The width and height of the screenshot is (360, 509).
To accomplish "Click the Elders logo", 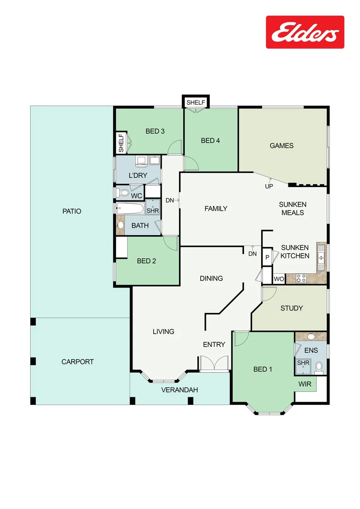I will click(305, 32).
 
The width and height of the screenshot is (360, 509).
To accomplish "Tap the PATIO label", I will click(72, 211).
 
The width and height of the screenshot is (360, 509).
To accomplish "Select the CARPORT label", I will click(77, 362).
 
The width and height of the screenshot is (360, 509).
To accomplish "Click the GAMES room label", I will click(281, 146).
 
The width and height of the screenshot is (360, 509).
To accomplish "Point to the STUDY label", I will click(291, 308).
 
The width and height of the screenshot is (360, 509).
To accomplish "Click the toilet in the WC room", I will click(123, 193).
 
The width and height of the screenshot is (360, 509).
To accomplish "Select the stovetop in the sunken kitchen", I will click(301, 279).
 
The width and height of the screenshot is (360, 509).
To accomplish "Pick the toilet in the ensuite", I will click(319, 366).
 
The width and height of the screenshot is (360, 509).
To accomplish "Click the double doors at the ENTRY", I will click(214, 364).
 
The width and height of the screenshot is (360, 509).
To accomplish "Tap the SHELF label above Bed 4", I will click(196, 102).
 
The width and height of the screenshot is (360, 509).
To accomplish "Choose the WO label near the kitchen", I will click(279, 279).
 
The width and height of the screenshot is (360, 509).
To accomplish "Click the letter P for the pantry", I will click(267, 257).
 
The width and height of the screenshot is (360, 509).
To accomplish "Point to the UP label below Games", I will click(269, 187).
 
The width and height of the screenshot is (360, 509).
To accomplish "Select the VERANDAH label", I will click(180, 390).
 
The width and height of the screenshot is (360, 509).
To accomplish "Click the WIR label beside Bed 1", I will click(305, 384).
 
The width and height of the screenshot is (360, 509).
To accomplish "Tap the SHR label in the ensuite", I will click(303, 363).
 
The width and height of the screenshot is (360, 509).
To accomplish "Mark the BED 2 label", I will click(147, 261).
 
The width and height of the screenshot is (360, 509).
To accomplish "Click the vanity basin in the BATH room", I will click(121, 225).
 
